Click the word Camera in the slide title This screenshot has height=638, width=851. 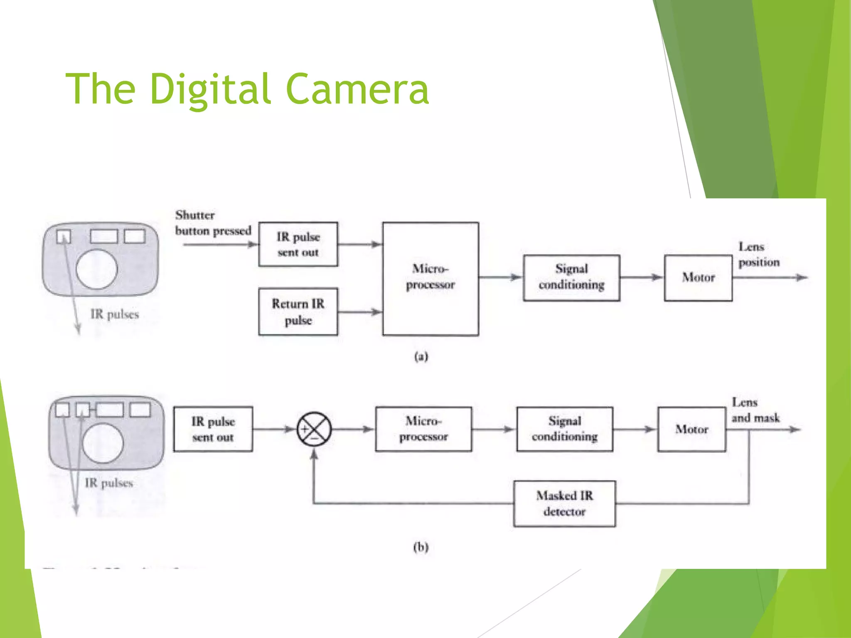coord(357,89)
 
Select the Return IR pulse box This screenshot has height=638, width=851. coord(298,312)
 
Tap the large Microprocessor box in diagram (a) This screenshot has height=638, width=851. coord(430,278)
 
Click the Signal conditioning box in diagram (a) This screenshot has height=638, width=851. coord(571,277)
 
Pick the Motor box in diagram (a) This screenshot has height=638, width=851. coord(698,277)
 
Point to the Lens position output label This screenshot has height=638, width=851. coord(758,254)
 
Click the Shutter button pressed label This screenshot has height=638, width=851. coord(213,223)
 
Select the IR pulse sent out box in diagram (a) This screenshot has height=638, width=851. coord(298,244)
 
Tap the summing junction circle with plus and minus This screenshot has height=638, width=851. coord(314,429)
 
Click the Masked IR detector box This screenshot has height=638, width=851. coord(564,503)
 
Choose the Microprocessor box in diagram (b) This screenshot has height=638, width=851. coord(423,429)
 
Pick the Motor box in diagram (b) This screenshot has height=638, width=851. coord(691,429)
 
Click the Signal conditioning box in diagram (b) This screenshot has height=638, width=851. coord(564,429)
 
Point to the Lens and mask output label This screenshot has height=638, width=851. coord(755,410)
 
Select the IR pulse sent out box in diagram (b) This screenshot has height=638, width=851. coord(213,429)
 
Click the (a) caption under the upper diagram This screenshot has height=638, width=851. coord(421,356)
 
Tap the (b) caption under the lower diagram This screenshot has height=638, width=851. coord(421,547)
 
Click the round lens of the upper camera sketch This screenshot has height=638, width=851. coord(97,269)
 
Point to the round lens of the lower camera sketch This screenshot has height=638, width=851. coord(103,443)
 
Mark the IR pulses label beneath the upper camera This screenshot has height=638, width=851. coord(114,314)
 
